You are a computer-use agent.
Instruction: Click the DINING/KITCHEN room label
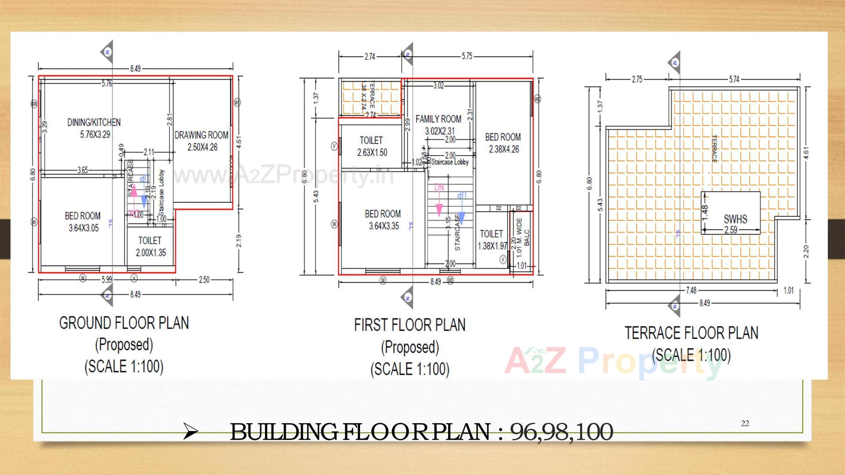point(93,128)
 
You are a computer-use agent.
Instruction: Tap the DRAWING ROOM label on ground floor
point(202,141)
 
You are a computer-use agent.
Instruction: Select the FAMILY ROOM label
point(438,124)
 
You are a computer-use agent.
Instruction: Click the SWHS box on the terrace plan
point(731,213)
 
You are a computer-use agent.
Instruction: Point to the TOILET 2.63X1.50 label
point(371,146)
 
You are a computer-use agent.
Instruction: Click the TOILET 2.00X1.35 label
point(150,246)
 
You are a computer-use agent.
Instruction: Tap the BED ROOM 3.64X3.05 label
point(83,222)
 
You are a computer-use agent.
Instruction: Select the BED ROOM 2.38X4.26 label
point(503,143)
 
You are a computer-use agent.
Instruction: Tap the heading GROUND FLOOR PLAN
point(124,323)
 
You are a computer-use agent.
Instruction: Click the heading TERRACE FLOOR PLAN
point(691,333)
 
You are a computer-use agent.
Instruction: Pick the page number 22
point(745,424)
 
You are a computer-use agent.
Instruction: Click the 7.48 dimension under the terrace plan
point(691,290)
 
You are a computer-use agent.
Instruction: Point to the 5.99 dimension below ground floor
point(107,280)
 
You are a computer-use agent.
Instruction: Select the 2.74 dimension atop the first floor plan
point(370,56)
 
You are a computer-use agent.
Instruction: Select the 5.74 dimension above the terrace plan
point(734,79)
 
